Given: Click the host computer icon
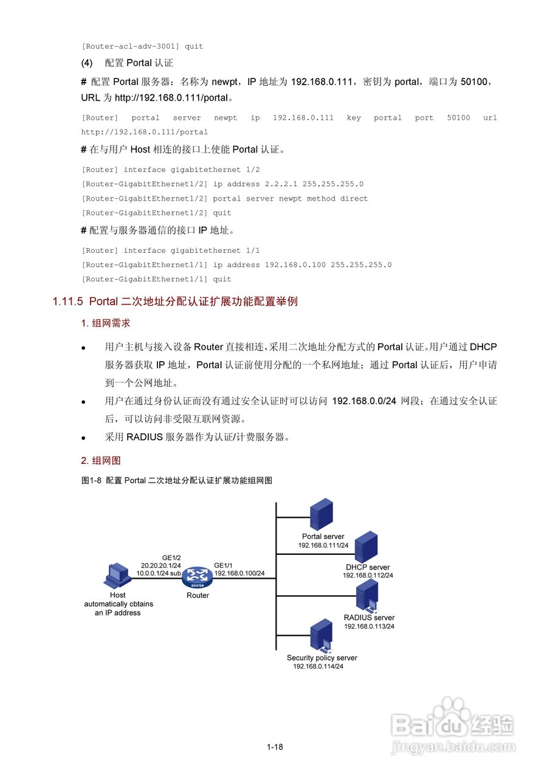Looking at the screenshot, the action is point(117,576).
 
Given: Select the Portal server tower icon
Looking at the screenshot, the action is point(322,514).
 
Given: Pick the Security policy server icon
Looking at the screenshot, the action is point(321,636).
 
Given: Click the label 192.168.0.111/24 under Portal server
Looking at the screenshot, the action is point(323,545).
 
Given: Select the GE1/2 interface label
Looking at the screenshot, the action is point(171,557).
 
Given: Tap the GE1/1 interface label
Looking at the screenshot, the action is point(224,565).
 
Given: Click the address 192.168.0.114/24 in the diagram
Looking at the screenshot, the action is point(318,666).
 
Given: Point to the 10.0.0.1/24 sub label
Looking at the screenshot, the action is point(159,573).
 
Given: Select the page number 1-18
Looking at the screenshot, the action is point(275,747).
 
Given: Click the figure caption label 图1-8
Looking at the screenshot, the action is point(92,480).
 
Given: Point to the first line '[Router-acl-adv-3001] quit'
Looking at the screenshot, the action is point(142,46).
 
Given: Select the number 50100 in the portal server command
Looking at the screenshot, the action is point(458,118).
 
